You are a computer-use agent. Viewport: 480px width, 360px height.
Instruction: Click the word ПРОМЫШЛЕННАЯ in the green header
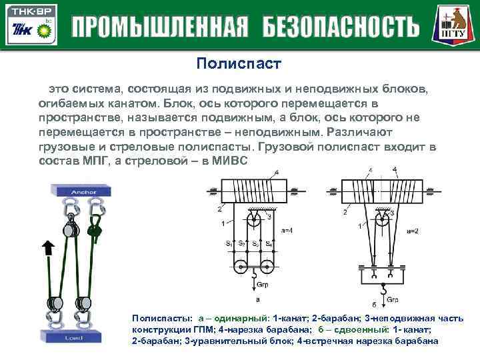point(160,27)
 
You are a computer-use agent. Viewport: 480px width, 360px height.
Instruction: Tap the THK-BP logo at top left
point(29,24)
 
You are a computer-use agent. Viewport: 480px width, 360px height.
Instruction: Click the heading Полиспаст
point(239,64)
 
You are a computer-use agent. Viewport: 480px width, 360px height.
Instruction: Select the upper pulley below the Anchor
point(68,230)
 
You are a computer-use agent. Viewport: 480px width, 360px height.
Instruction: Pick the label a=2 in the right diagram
point(414,230)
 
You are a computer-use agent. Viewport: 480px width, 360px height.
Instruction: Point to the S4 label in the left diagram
point(267,243)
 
